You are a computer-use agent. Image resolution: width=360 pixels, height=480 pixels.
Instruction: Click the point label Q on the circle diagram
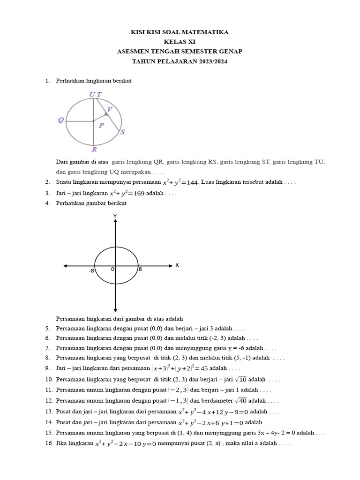coord(61,120)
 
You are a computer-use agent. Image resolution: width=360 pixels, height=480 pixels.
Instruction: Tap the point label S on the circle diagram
coord(122,132)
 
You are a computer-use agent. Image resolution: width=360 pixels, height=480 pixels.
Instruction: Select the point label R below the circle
coord(94,150)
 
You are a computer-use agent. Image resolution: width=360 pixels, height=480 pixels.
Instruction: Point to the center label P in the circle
coord(101,125)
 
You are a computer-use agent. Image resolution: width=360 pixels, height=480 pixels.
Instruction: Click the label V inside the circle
coord(109,109)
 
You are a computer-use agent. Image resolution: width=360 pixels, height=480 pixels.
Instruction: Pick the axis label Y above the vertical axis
coord(115,216)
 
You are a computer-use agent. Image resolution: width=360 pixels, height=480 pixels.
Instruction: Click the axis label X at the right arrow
coord(177,265)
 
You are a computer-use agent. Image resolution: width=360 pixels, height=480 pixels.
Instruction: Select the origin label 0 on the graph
coord(112,269)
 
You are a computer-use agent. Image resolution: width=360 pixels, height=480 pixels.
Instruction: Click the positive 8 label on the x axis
coord(140,269)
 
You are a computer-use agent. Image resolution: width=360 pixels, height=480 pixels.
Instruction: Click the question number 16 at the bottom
coord(49,443)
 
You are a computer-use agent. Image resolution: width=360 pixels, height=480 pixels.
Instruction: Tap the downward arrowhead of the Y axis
coord(115,310)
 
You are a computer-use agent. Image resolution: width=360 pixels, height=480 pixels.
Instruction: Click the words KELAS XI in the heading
coord(180,42)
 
